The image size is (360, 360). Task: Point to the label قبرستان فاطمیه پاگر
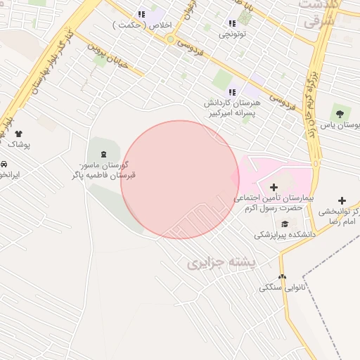(x=105, y=174)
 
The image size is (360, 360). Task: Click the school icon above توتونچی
(x=232, y=23)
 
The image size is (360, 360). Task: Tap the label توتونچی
(x=232, y=34)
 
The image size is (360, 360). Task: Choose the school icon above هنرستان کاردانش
(x=232, y=92)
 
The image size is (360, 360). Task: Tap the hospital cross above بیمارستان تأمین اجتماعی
(x=274, y=187)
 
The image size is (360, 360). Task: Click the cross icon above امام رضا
(x=342, y=201)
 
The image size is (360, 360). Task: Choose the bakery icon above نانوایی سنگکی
(x=283, y=277)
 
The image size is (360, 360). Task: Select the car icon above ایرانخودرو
(x=4, y=164)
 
